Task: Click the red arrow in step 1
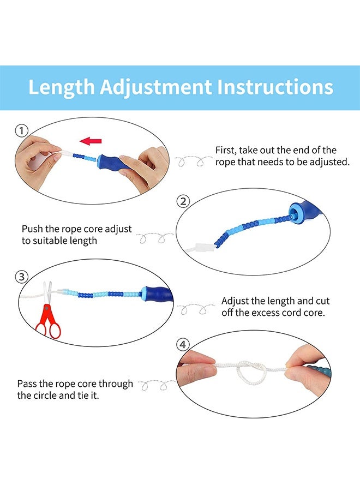(91, 141)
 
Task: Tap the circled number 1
(22, 130)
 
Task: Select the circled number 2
(183, 201)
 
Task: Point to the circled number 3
(22, 277)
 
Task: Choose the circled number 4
(183, 345)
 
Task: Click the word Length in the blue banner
(61, 87)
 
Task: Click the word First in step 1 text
(225, 151)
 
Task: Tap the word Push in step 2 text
(32, 229)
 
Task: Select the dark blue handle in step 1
(116, 162)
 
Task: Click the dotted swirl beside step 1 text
(193, 161)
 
